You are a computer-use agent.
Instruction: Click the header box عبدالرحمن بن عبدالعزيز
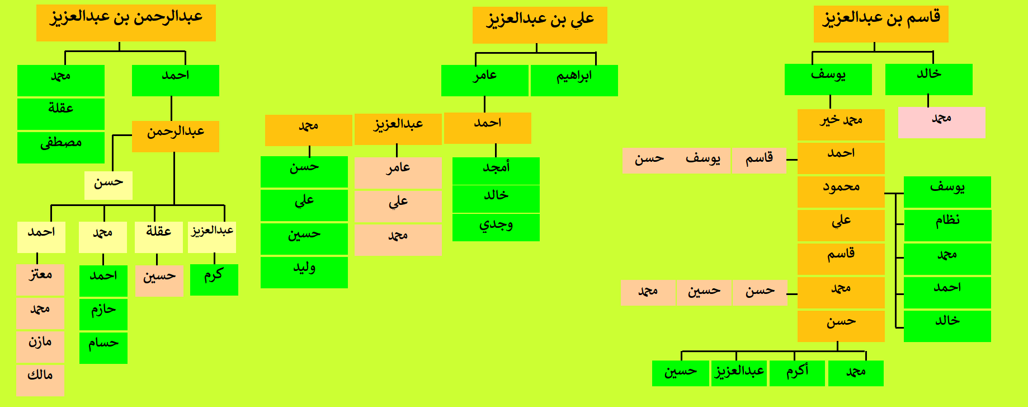tap(126, 23)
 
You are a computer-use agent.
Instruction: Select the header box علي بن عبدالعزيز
tap(540, 25)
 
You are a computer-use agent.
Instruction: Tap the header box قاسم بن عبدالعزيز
tap(881, 24)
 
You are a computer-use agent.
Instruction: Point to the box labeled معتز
tap(40, 279)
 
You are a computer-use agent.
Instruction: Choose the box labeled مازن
tap(40, 347)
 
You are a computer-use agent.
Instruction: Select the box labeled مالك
tap(40, 380)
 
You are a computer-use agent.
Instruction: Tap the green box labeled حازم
tap(103, 314)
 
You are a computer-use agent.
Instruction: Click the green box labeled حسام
tap(103, 348)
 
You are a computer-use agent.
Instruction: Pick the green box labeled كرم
tap(214, 279)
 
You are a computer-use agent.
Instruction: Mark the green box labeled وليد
tap(304, 273)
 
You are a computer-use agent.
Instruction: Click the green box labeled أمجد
tap(496, 171)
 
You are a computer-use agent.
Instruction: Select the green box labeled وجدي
tap(496, 227)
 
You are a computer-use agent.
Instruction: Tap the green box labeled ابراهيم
tap(574, 81)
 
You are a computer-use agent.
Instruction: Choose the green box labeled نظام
tap(947, 226)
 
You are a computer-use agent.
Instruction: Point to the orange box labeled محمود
tap(841, 192)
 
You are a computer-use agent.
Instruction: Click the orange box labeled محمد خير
tap(841, 125)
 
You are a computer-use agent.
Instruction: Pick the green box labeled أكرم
tap(798, 373)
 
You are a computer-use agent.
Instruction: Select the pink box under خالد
tap(941, 123)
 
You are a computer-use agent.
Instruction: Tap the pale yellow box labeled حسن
tap(109, 185)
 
